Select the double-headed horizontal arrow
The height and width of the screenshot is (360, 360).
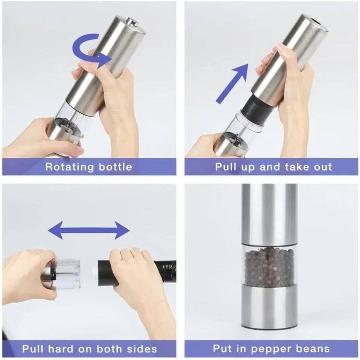click(89, 230)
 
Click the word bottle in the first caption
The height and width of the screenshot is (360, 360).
click(116, 167)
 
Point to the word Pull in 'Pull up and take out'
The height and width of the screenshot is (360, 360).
click(226, 167)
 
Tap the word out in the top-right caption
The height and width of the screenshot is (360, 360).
click(322, 167)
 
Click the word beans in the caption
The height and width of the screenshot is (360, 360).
click(312, 349)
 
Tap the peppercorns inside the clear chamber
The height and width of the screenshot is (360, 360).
click(269, 267)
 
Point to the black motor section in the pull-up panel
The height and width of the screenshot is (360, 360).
click(255, 106)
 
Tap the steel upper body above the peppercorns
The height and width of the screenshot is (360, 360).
click(269, 214)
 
